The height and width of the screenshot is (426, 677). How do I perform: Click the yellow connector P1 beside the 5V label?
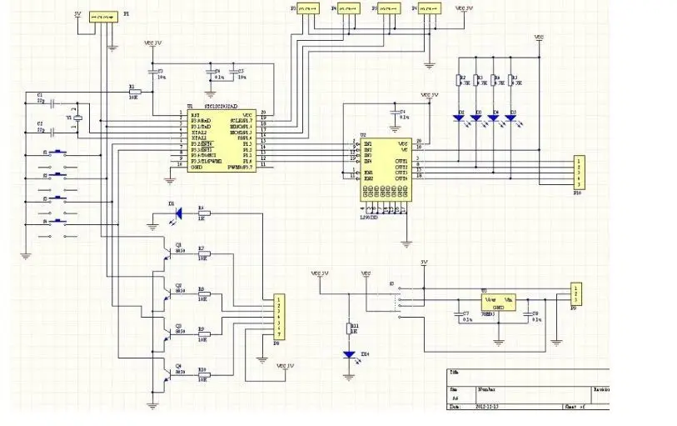click(x=103, y=16)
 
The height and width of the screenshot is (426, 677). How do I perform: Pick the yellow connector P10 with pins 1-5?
click(x=576, y=173)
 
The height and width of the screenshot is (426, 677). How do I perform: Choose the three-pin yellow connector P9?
click(x=574, y=294)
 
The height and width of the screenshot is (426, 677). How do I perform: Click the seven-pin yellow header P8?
click(x=280, y=316)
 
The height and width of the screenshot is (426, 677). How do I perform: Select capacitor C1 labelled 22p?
click(x=52, y=103)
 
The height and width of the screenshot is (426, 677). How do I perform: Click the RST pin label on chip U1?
click(x=194, y=113)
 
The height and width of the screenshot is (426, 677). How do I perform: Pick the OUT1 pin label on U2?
click(x=401, y=160)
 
